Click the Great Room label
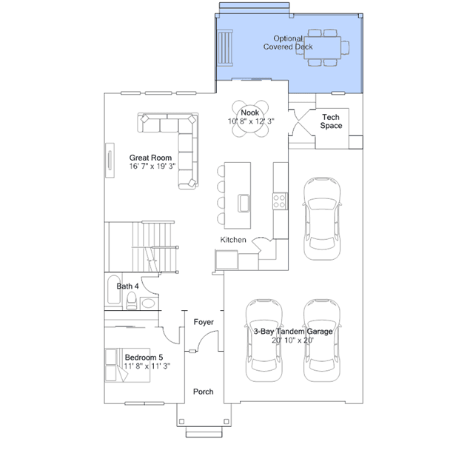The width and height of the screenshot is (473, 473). point(150,158)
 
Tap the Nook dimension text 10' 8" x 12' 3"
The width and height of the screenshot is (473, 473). point(251,121)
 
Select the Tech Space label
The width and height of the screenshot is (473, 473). point(331,121)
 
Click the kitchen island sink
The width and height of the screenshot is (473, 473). point(244,203)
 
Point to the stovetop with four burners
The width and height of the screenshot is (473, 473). point(280,201)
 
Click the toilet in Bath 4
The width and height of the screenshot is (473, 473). point(132,301)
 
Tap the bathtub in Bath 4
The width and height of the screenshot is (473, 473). point(114,289)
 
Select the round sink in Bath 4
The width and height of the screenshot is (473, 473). point(148,303)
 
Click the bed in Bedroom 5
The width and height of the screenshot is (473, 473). point(127,366)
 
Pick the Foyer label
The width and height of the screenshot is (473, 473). point(204,322)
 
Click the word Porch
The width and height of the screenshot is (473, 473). point(204,392)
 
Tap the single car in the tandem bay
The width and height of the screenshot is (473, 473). point(322,218)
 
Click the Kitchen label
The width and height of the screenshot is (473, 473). point(233,240)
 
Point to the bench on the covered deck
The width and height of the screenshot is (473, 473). point(226,47)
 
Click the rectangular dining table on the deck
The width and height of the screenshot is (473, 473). point(323,47)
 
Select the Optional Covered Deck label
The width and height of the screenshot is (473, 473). point(288,42)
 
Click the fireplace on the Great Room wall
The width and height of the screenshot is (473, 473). point(110,160)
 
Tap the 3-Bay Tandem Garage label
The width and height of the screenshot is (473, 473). point(293,332)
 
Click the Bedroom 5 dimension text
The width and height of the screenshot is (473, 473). point(147,366)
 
